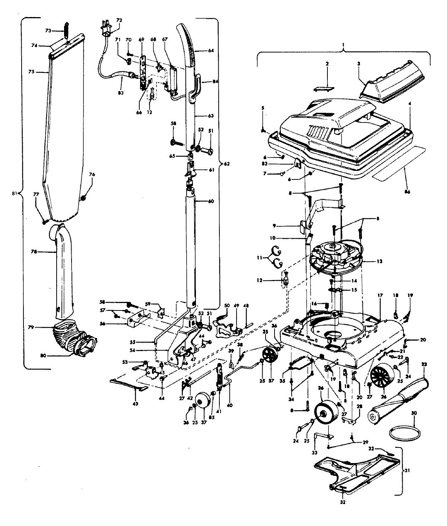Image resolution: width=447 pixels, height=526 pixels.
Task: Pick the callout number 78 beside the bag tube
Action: pos(34,252)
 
